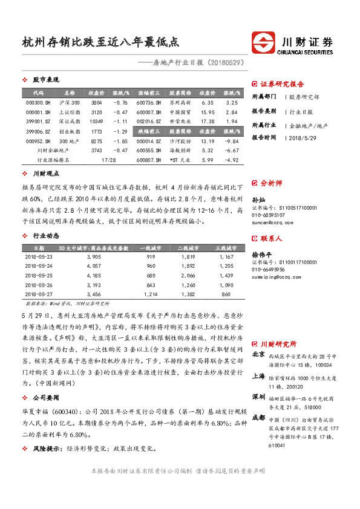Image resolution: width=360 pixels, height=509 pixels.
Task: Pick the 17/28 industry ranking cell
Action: tap(109, 160)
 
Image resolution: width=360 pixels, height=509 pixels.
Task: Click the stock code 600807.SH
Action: tap(149, 160)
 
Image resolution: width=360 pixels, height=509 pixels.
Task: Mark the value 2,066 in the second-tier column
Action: tap(188, 274)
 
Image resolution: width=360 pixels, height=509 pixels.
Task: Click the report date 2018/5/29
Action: tap(306, 137)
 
